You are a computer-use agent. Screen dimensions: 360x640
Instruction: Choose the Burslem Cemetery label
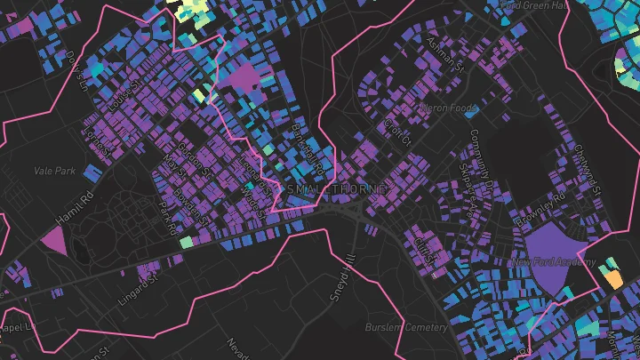(x=406, y=327)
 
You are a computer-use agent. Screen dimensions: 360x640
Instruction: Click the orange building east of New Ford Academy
(x=612, y=278)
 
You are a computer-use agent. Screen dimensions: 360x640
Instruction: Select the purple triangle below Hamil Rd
(x=54, y=238)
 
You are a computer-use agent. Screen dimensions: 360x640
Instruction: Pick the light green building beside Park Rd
(x=185, y=242)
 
